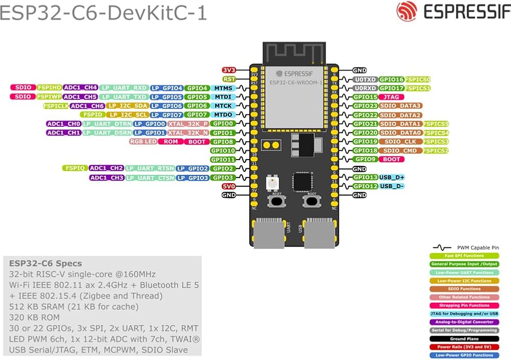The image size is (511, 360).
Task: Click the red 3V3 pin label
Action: [x=228, y=70]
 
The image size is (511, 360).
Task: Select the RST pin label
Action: [x=228, y=79]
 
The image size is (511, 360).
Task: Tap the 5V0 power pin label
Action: [x=228, y=186]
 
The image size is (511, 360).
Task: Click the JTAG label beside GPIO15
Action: [x=391, y=97]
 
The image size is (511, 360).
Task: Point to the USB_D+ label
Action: [x=392, y=177]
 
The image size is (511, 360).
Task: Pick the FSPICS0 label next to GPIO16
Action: [x=417, y=79]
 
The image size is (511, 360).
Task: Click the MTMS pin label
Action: [x=223, y=88]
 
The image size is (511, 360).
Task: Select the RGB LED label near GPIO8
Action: [x=144, y=142]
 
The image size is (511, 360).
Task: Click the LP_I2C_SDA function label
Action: [x=127, y=106]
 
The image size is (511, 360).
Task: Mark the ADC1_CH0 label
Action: [x=63, y=124]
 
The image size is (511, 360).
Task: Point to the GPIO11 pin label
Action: [x=223, y=160]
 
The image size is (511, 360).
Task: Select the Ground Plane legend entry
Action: [x=464, y=339]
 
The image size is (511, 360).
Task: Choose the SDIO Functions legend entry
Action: [x=464, y=289]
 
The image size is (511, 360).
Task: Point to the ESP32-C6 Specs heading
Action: [x=45, y=263]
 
